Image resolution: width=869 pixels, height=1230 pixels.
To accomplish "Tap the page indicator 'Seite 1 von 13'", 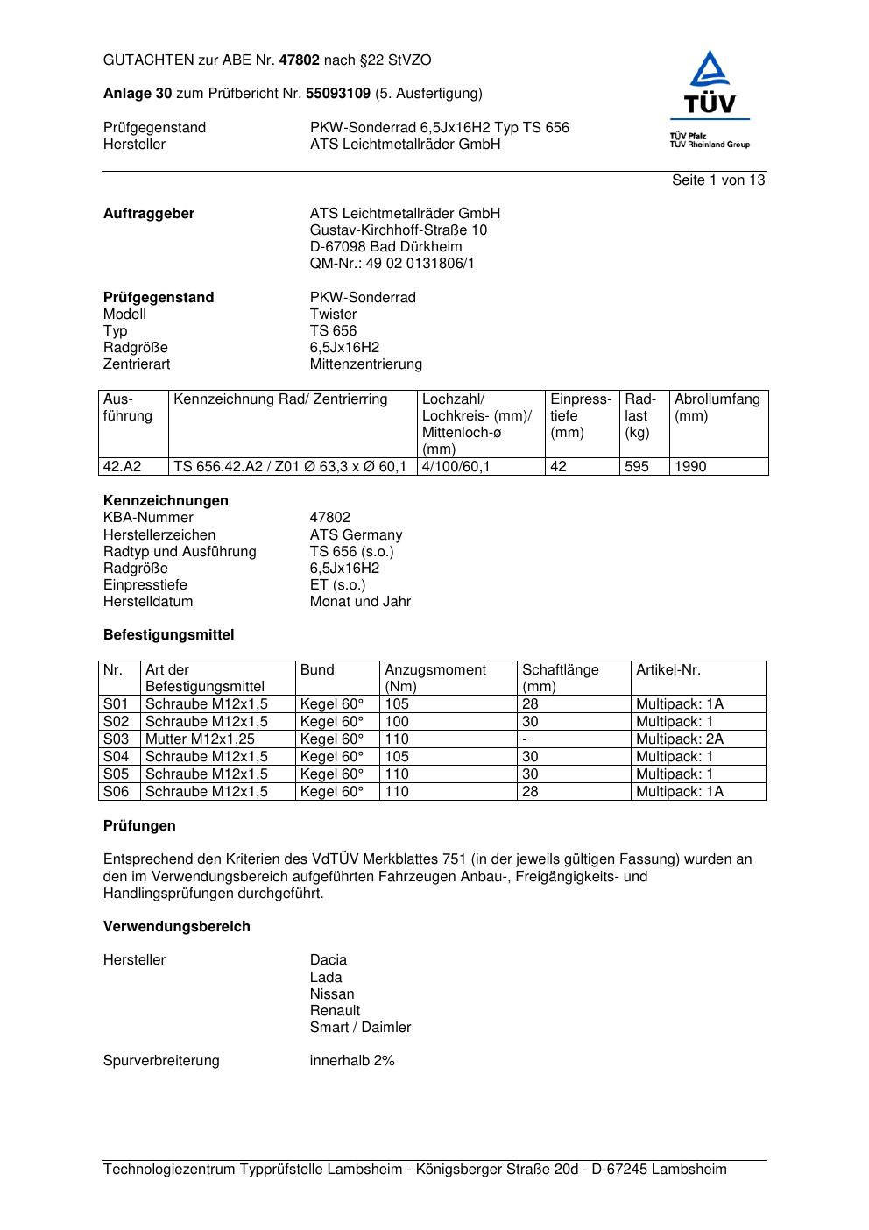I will coord(718,180).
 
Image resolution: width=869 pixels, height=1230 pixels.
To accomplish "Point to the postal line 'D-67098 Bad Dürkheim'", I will coord(385,246).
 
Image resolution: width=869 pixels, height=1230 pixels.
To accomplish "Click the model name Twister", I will coord(333,314).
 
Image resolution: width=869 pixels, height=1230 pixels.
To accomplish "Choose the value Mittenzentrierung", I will coord(365,364).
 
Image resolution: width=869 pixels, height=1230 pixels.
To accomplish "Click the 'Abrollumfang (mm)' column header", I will coord(717,407).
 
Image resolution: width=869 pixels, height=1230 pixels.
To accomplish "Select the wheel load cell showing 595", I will coord(637,467).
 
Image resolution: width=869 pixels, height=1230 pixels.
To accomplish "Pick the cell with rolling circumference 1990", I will coord(690,467).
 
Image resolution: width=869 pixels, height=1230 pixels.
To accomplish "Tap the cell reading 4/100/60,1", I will coord(456,467).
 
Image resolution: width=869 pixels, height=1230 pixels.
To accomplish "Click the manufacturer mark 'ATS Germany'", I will coord(356,534).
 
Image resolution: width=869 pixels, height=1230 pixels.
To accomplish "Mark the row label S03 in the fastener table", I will coord(116,739).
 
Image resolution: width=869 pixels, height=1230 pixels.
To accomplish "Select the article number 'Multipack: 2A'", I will coord(680,739).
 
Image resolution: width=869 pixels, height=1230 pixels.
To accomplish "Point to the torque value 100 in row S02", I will coord(397,721).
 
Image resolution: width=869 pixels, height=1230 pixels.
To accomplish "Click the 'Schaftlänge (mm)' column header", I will coord(561,678).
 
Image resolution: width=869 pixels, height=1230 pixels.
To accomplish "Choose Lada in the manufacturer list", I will coord(326,977).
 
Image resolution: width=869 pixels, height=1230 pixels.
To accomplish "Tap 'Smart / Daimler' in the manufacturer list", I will coord(360,1027).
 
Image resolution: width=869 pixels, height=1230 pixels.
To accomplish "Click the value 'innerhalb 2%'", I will coord(352,1060).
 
